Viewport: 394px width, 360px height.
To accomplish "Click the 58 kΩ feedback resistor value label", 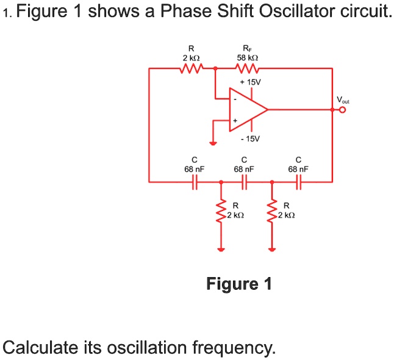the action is click(248, 58).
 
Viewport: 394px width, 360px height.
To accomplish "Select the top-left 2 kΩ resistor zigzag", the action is click(192, 68).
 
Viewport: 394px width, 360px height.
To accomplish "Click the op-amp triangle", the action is click(248, 110).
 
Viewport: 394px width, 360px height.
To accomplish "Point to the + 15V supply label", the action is click(250, 82).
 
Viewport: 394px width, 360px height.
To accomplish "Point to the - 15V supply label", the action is click(250, 139).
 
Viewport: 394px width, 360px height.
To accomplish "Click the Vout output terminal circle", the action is click(343, 110).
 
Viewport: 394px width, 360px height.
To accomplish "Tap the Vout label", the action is click(343, 100).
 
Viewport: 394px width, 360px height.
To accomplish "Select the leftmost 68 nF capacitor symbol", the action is click(195, 182).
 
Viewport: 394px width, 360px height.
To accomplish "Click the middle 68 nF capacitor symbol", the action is click(245, 182).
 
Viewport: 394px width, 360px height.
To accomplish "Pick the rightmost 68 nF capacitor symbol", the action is click(299, 182).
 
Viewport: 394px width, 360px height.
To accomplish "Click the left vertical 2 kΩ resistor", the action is click(221, 211).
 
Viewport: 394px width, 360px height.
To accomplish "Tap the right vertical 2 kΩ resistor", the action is click(272, 211).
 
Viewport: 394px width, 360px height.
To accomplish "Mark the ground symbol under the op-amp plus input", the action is click(213, 143).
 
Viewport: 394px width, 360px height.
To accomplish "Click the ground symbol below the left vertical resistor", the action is click(221, 250).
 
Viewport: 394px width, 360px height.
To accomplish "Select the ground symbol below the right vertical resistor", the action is click(272, 250).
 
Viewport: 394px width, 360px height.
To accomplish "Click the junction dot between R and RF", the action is click(215, 68).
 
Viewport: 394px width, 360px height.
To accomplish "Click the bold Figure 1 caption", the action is click(239, 284).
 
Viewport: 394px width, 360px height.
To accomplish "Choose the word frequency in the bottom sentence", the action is click(234, 347).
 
